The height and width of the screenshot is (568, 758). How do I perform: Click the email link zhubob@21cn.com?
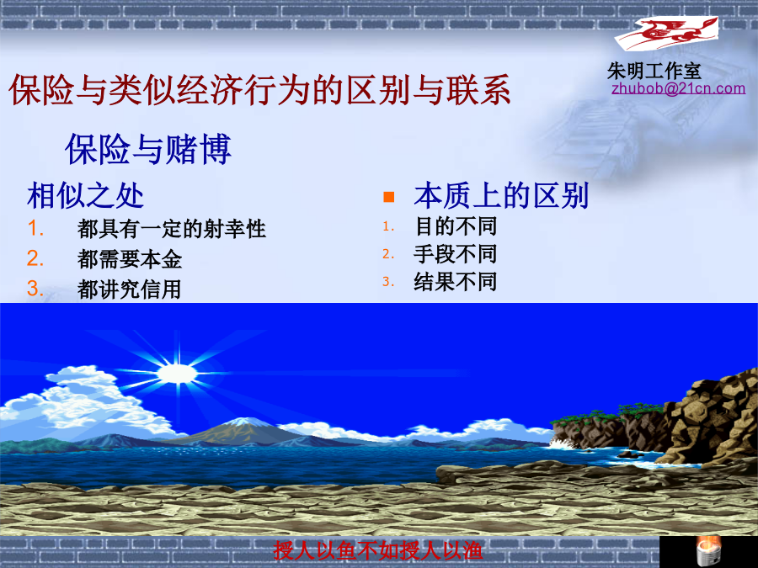pyautogui.click(x=678, y=88)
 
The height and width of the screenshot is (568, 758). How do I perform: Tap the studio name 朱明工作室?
pyautogui.click(x=654, y=71)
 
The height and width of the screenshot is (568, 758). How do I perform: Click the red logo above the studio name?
pyautogui.click(x=666, y=34)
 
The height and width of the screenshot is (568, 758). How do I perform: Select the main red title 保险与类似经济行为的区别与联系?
pyautogui.click(x=259, y=89)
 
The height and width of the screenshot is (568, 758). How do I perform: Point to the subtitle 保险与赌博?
pyautogui.click(x=148, y=148)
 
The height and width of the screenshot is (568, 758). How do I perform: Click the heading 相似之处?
pyautogui.click(x=85, y=195)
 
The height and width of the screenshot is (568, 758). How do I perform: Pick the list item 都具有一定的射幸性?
pyautogui.click(x=172, y=228)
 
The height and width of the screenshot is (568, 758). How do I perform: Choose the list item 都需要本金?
pyautogui.click(x=130, y=259)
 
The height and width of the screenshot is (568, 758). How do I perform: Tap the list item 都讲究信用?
pyautogui.click(x=129, y=289)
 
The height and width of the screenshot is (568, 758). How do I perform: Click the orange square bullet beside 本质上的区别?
pyautogui.click(x=388, y=197)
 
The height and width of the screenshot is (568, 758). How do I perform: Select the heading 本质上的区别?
pyautogui.click(x=501, y=195)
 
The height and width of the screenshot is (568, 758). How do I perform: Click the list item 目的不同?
pyautogui.click(x=456, y=226)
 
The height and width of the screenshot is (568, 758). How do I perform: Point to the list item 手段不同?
pyautogui.click(x=456, y=254)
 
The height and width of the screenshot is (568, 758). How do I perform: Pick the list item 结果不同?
pyautogui.click(x=456, y=282)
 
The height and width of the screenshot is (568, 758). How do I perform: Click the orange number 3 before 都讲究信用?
pyautogui.click(x=35, y=289)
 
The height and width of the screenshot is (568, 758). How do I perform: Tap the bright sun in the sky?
pyautogui.click(x=178, y=374)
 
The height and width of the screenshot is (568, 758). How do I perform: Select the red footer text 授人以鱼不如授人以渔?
pyautogui.click(x=378, y=550)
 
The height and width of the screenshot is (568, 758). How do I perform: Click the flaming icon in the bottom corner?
pyautogui.click(x=708, y=551)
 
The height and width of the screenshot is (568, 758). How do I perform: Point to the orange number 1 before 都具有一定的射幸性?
pyautogui.click(x=35, y=228)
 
